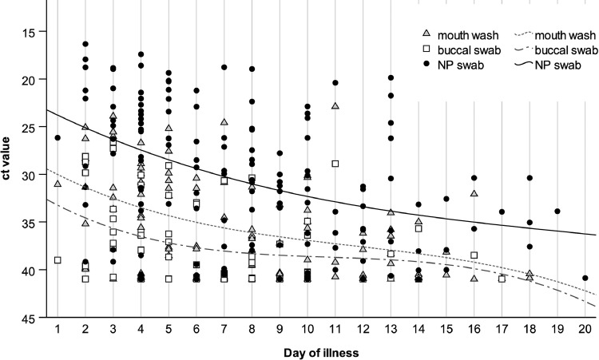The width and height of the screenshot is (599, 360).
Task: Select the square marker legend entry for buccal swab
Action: (x=426, y=49)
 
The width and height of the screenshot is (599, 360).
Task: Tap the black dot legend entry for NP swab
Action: (x=426, y=65)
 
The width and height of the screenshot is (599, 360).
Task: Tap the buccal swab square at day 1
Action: (x=58, y=260)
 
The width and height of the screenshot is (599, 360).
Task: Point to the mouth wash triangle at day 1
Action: (x=58, y=184)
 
